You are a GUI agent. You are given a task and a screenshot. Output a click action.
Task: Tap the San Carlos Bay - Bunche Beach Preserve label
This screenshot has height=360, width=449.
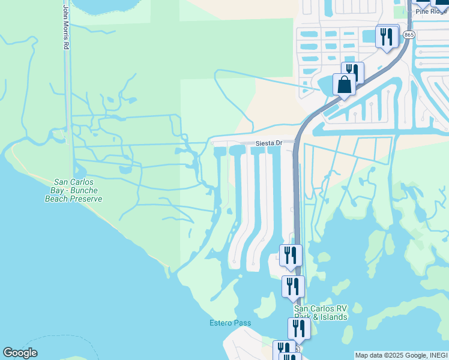click(x=73, y=190)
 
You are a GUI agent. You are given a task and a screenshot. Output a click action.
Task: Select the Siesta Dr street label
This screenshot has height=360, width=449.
click(x=268, y=143)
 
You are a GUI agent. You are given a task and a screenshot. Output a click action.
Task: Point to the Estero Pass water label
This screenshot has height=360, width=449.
click(x=230, y=323)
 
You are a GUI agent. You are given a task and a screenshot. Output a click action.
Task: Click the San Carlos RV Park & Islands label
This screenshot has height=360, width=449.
click(x=321, y=313)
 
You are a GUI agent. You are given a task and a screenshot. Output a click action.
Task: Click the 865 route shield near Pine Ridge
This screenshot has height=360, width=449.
click(x=409, y=35)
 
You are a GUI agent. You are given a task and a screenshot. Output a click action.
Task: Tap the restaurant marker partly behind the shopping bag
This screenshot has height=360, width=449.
click(x=353, y=72)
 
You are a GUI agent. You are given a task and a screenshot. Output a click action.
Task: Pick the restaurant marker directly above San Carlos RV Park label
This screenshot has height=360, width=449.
click(x=293, y=286)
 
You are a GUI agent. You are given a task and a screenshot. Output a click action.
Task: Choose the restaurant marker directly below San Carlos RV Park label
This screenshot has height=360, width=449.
click(x=299, y=328)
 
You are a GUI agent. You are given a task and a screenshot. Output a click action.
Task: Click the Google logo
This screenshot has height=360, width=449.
click(x=20, y=353)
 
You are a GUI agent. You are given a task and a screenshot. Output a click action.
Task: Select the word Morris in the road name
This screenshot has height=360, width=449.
click(x=66, y=28)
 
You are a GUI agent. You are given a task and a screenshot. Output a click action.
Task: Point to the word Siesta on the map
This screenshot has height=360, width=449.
click(x=264, y=143)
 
